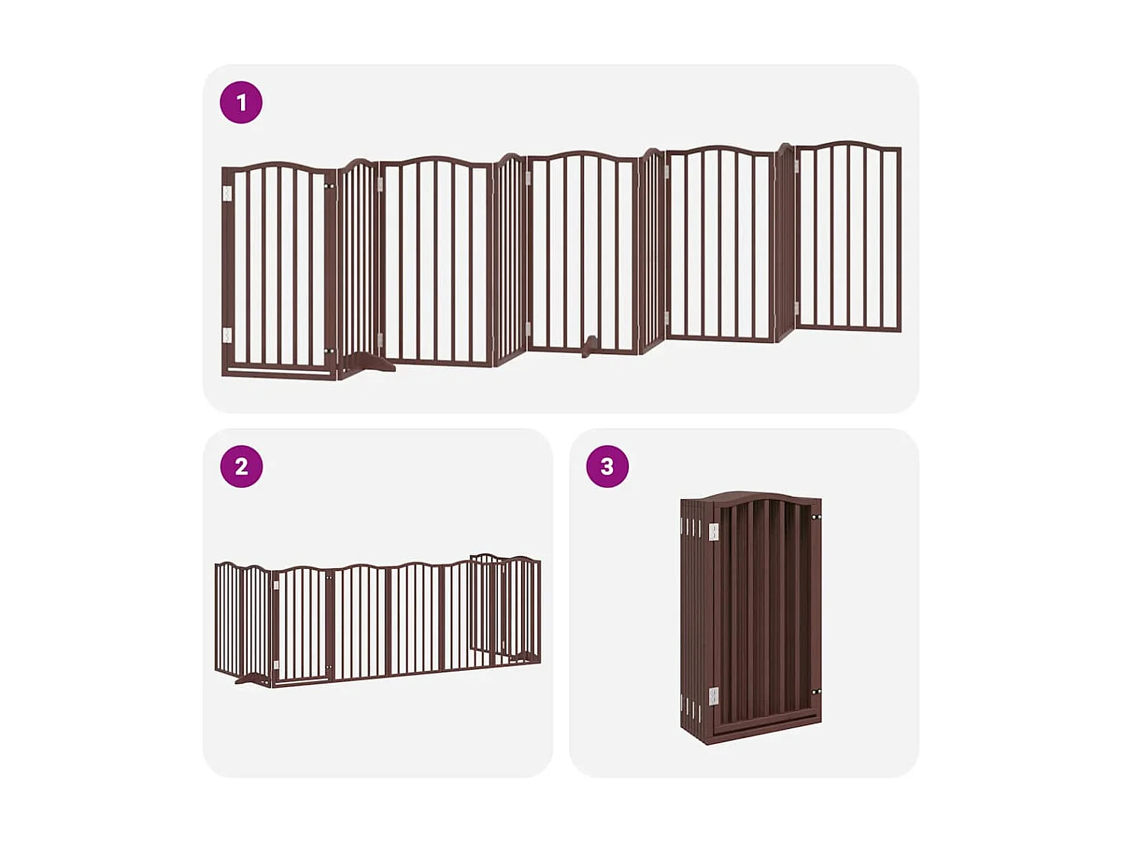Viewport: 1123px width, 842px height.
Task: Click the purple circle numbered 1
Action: tap(241, 103)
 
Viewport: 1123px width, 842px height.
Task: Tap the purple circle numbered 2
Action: tap(241, 466)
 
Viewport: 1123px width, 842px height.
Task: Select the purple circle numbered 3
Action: tap(607, 466)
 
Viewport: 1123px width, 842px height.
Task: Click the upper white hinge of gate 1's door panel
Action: tap(228, 194)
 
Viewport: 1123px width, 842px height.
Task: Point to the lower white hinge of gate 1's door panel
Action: tap(228, 335)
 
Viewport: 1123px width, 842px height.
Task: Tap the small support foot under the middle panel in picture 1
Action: tap(590, 346)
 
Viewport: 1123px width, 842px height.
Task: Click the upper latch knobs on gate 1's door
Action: tap(329, 186)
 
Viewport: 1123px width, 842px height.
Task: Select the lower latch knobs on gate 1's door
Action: tap(329, 350)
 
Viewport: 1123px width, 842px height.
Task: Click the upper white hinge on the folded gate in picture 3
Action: tap(713, 531)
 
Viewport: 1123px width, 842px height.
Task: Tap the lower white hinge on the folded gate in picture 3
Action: tap(713, 697)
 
